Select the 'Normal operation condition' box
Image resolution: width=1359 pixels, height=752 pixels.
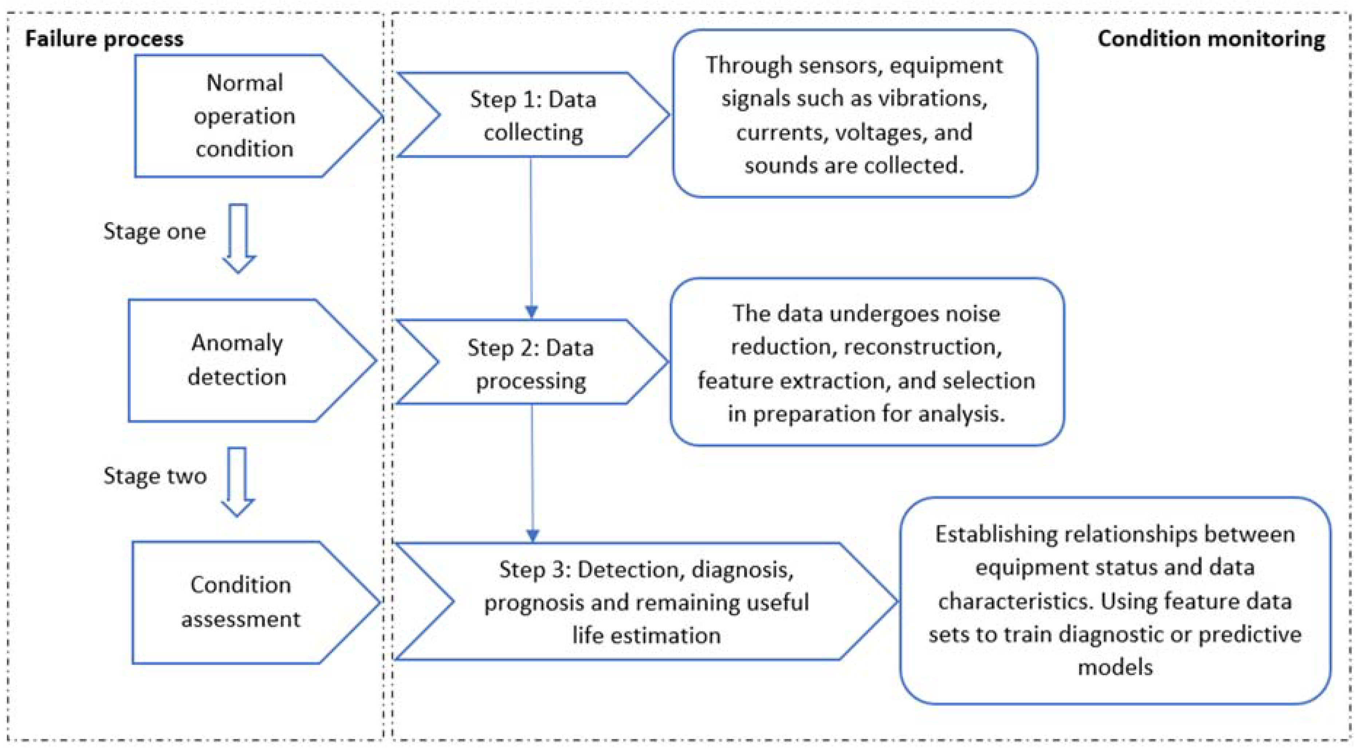244,116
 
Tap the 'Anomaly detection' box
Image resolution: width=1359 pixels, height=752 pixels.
237,360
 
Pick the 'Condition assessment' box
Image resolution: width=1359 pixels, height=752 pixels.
240,602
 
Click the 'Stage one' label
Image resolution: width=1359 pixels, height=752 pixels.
154,231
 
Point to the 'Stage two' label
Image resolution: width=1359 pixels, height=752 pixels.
154,476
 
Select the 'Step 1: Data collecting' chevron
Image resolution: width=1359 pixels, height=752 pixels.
533,115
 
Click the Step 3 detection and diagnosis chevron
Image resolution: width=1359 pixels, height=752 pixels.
646,602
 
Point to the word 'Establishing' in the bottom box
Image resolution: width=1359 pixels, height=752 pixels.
994,534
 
